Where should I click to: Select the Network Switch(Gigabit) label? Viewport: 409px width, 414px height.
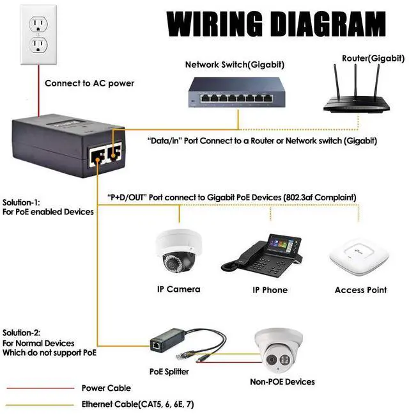(x=235, y=65)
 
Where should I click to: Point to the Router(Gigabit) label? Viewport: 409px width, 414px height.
(x=373, y=58)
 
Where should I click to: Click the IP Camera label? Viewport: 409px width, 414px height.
(x=178, y=289)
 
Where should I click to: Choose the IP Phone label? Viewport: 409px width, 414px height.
(x=270, y=290)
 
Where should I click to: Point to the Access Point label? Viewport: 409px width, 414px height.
(x=360, y=290)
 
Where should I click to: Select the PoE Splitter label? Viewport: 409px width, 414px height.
(x=169, y=371)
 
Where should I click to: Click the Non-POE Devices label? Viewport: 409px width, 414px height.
(x=282, y=382)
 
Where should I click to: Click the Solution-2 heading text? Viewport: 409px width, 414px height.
(x=22, y=333)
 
